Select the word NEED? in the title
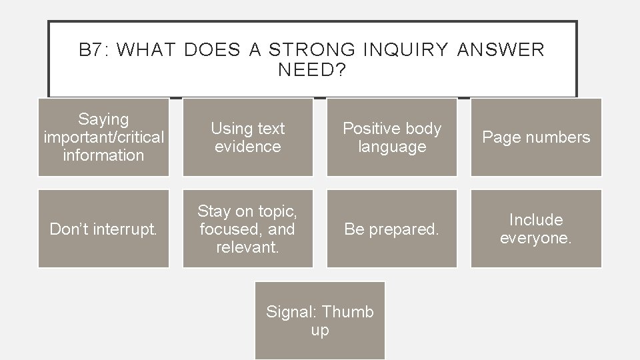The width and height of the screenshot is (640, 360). click(x=312, y=70)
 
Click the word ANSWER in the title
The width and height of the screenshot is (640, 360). click(x=501, y=50)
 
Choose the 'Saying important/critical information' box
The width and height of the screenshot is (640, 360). click(x=103, y=137)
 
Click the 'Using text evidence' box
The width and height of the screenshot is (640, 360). click(x=247, y=137)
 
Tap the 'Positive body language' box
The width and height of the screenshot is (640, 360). click(x=391, y=137)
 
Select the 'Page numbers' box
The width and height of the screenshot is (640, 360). click(x=536, y=137)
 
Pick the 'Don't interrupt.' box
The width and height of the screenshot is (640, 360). click(x=103, y=229)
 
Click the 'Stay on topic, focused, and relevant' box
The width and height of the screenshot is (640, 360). click(x=247, y=229)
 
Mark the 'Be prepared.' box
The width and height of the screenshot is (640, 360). click(x=391, y=229)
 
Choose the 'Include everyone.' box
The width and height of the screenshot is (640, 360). click(x=536, y=229)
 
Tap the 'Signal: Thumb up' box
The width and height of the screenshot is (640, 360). click(x=320, y=321)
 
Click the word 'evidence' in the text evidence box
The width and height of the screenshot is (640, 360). click(x=248, y=146)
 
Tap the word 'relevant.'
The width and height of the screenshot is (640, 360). click(x=248, y=247)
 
